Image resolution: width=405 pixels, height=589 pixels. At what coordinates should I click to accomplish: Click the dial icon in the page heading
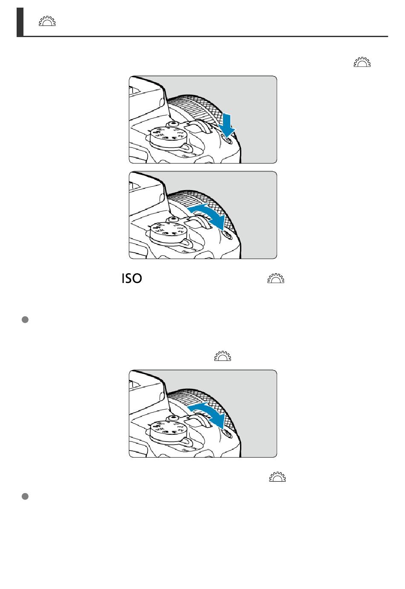click(47, 21)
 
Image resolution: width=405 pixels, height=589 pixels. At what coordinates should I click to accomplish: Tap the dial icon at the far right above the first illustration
click(362, 62)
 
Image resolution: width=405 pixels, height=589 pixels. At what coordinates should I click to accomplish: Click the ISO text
click(132, 278)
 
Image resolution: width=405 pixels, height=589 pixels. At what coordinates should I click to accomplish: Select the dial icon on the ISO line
click(276, 278)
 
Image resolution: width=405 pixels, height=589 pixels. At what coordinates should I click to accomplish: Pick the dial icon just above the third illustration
click(223, 356)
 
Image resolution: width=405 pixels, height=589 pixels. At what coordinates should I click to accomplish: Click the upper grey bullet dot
click(25, 320)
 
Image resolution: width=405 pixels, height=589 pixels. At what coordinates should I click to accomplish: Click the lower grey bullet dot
click(25, 497)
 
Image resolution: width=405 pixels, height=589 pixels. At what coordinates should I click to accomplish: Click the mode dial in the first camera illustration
click(167, 136)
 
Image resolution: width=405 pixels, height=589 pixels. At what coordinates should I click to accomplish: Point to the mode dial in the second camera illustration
click(167, 232)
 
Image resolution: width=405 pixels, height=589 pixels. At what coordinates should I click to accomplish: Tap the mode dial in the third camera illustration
click(167, 430)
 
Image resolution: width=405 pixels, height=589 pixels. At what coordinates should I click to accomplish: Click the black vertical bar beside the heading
click(20, 22)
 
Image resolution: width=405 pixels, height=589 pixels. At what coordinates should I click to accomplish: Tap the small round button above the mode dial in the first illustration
click(173, 123)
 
